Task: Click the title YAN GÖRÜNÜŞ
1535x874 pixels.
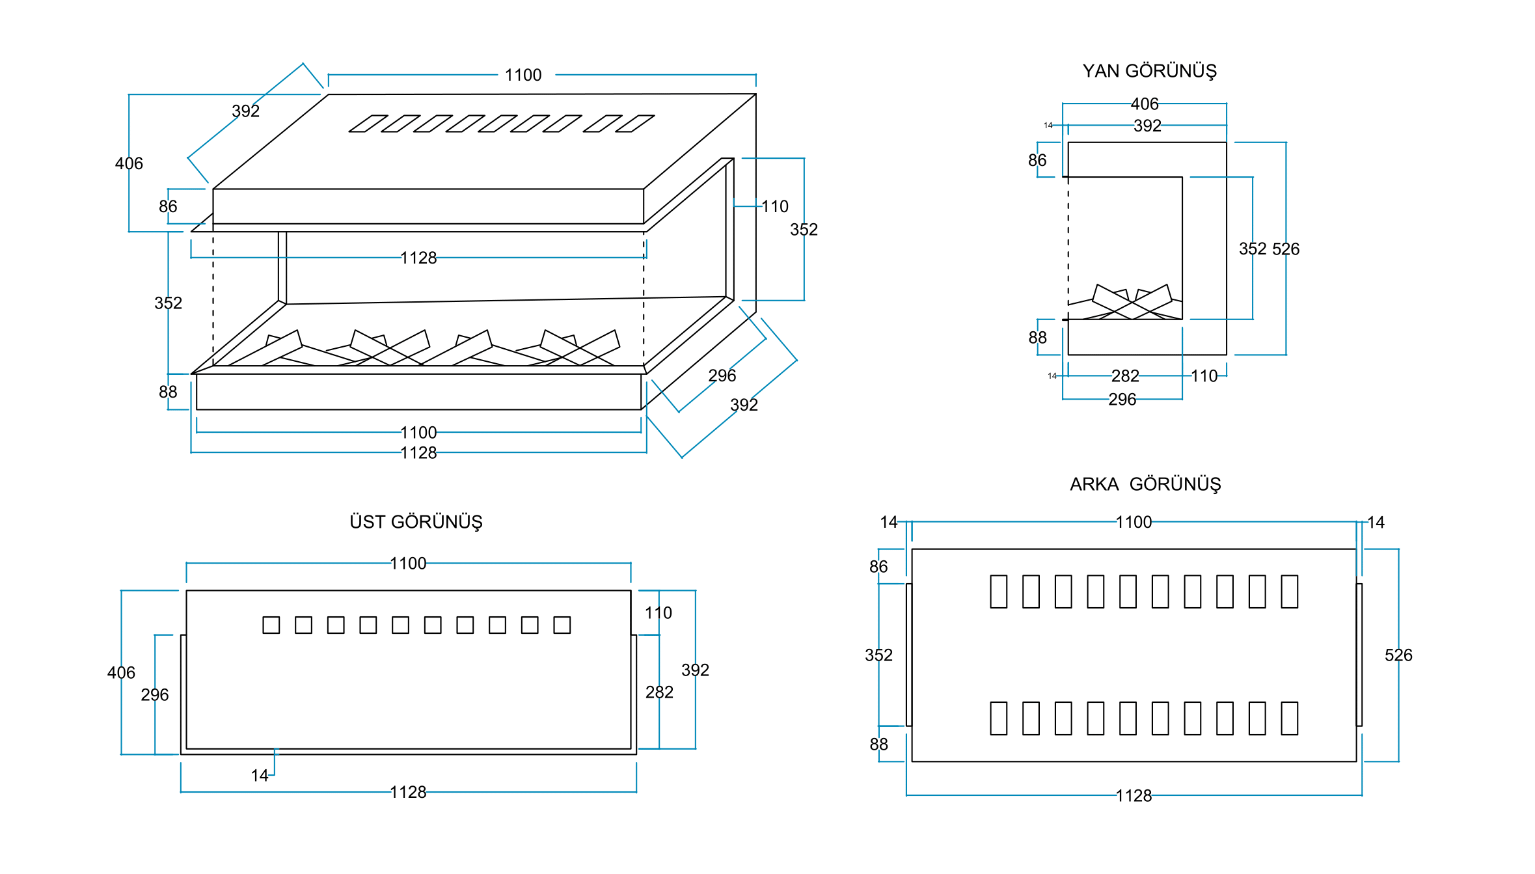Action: (1149, 71)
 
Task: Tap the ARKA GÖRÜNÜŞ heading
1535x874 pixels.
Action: (1145, 484)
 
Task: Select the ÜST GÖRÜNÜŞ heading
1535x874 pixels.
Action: (416, 522)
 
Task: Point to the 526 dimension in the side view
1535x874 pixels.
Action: (1286, 249)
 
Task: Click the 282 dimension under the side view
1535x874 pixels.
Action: (1125, 376)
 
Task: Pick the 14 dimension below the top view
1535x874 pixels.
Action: (260, 776)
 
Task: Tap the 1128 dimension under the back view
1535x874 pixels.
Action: (1134, 796)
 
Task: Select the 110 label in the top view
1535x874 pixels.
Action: (658, 613)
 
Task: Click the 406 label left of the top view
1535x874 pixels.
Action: (121, 673)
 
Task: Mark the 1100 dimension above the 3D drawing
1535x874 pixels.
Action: (523, 75)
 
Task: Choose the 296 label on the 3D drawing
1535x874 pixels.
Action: (722, 376)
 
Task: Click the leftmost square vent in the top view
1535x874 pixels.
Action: (271, 625)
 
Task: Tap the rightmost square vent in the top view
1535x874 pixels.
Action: (562, 625)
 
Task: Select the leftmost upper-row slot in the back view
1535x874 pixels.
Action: (998, 592)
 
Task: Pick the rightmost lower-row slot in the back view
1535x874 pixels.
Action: (1290, 718)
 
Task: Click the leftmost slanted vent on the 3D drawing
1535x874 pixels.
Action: (368, 124)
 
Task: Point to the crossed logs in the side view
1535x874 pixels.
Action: (1132, 303)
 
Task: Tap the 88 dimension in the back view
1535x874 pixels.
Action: (878, 744)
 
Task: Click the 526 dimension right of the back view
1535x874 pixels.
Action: (1398, 655)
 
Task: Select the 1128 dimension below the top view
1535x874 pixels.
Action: (408, 793)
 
